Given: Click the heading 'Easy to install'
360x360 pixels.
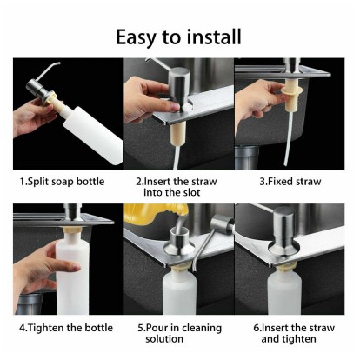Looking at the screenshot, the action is coord(178,37).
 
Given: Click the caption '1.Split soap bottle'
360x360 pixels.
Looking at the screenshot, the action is coord(62,182).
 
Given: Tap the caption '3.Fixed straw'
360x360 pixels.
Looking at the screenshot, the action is coord(290,182).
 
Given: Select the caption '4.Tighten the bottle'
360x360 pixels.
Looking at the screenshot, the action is coord(66,328).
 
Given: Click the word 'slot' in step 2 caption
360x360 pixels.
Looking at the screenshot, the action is coord(190,192).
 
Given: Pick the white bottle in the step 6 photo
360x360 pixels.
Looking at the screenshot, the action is coord(283,291).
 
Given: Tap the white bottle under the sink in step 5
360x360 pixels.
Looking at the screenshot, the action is coord(179,291).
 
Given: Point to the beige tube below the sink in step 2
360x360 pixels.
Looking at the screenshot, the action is coord(177,134).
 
